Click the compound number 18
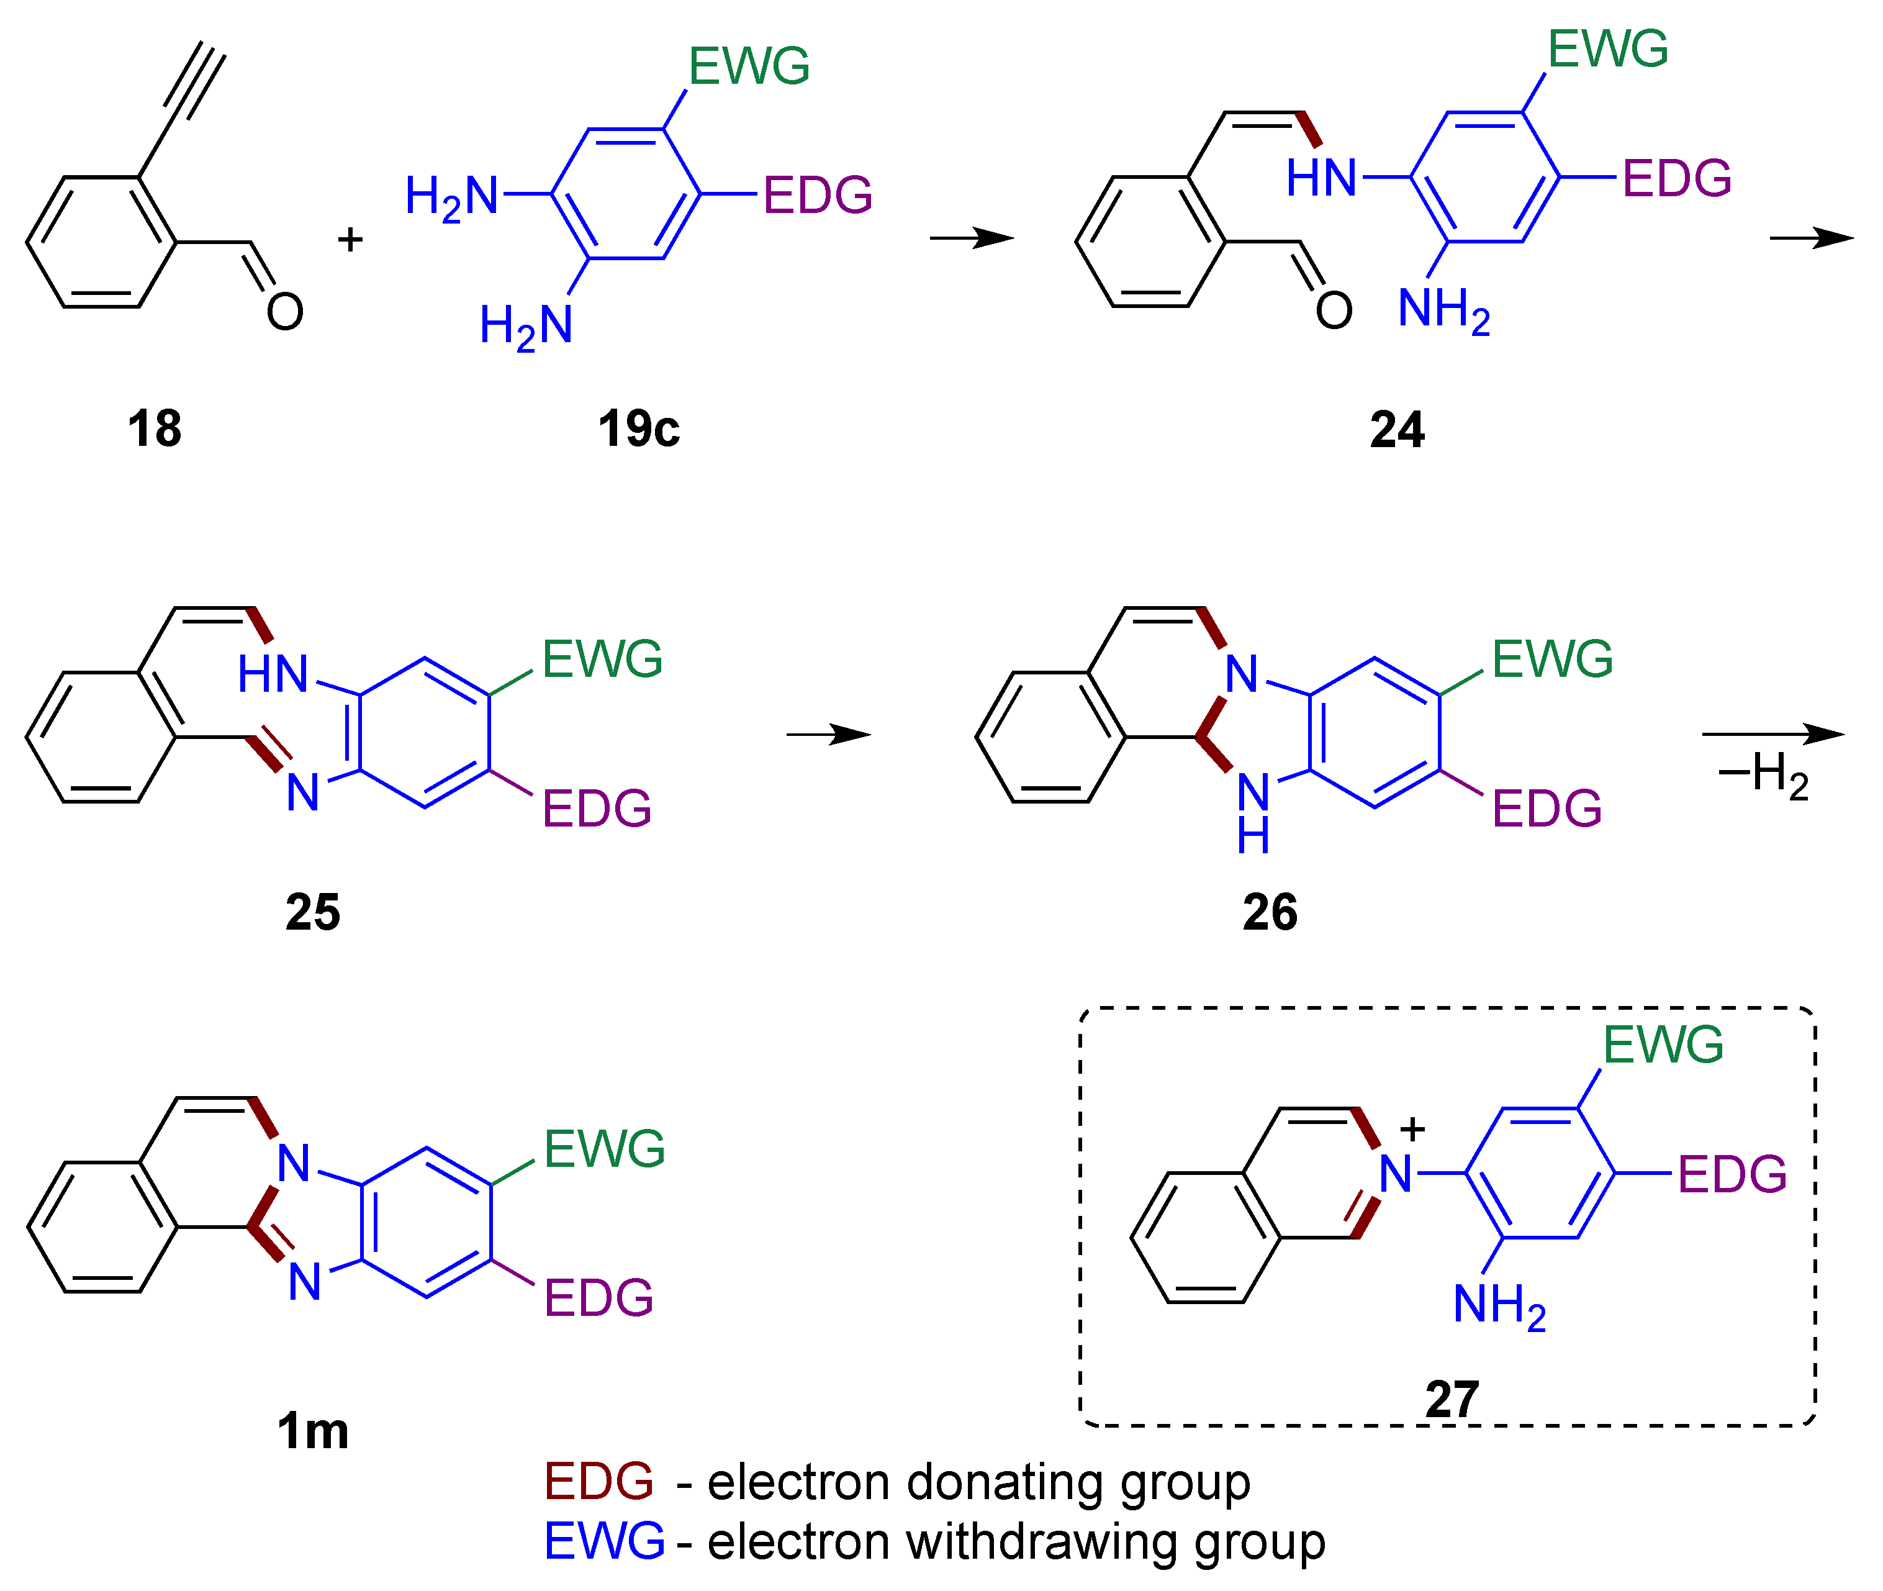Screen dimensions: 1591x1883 coord(154,428)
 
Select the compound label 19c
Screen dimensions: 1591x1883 coord(638,428)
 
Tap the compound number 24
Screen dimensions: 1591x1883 coord(1397,429)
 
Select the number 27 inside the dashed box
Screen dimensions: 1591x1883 coord(1452,1399)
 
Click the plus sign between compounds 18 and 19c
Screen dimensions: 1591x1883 coord(350,239)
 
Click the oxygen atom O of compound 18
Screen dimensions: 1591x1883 coord(285,312)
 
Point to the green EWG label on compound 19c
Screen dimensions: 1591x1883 coord(749,66)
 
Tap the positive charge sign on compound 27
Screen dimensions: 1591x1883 coord(1412,1129)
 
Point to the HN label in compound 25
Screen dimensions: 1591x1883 coord(273,674)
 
